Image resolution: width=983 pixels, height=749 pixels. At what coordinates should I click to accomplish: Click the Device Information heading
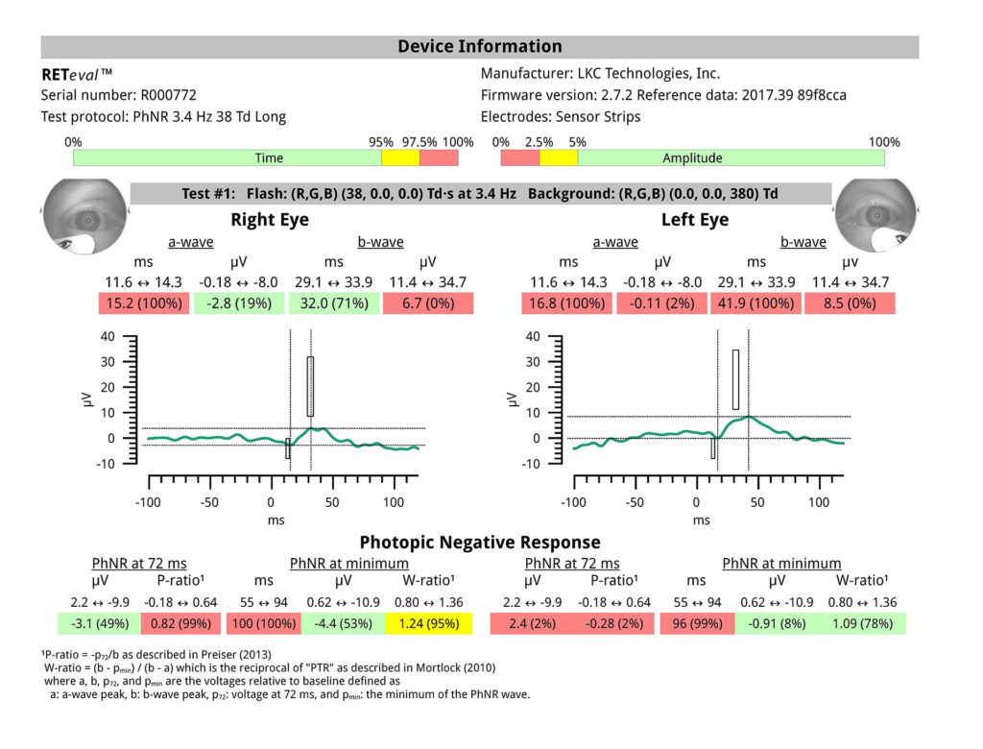point(480,46)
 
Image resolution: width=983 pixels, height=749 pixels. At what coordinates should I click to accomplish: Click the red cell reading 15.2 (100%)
point(142,304)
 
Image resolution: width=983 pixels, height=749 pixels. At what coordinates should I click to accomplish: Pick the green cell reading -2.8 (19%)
point(238,304)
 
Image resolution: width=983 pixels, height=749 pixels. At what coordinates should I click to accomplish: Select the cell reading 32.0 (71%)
point(332,304)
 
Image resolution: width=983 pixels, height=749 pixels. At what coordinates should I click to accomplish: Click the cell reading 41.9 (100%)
point(756,304)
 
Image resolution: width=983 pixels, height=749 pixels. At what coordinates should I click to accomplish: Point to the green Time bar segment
point(228,158)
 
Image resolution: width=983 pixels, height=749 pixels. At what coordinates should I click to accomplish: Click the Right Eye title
point(270,220)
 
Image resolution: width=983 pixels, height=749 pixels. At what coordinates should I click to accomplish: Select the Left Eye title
point(695,220)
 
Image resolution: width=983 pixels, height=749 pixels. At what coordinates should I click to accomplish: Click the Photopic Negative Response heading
point(480,543)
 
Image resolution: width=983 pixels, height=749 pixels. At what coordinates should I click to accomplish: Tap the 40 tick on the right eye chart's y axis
point(133,337)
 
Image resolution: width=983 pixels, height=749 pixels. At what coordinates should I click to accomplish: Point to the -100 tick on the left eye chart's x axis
point(574,501)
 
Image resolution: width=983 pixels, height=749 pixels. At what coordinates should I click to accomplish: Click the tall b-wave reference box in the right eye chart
point(310,386)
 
